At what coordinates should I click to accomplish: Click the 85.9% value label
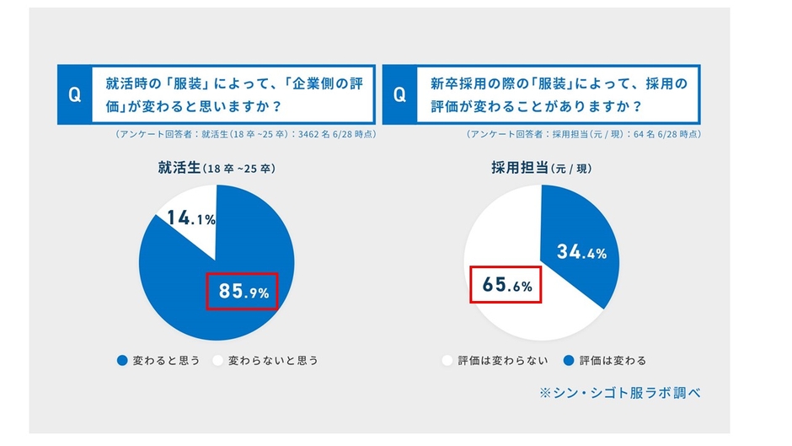point(243,292)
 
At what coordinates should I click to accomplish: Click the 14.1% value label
point(191,218)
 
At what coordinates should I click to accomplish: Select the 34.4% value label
point(581,251)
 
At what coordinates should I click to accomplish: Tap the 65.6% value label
point(506,286)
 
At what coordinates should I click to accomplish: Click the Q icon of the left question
point(75,95)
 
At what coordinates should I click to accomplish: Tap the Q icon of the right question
point(400,95)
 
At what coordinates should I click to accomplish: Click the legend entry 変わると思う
point(158,360)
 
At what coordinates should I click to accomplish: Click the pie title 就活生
point(179,168)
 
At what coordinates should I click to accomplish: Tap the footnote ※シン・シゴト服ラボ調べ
point(620,393)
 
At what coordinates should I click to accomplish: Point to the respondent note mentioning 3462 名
point(243,134)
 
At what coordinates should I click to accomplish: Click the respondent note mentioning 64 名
point(583,134)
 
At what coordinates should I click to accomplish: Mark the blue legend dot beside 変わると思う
point(122,360)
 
